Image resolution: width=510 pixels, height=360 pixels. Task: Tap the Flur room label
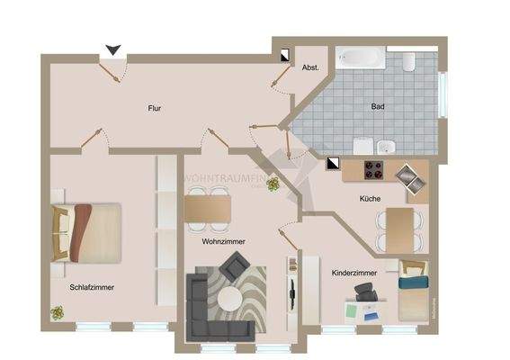(x=155, y=108)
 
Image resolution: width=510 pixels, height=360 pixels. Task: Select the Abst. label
(x=310, y=67)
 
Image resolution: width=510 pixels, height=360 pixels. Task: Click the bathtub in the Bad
(x=362, y=61)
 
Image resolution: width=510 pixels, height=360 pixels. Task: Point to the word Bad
(x=378, y=106)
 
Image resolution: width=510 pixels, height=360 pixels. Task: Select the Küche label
(x=369, y=199)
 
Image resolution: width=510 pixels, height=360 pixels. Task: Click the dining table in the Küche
(x=398, y=221)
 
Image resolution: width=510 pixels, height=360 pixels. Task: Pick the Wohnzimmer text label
(x=224, y=242)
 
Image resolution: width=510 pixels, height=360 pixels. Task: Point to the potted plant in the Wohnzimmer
(x=273, y=184)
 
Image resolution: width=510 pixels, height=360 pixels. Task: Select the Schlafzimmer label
(x=92, y=288)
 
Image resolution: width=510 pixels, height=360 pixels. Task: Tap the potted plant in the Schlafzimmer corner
(x=58, y=312)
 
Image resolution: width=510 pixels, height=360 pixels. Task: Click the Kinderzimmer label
(x=353, y=272)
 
